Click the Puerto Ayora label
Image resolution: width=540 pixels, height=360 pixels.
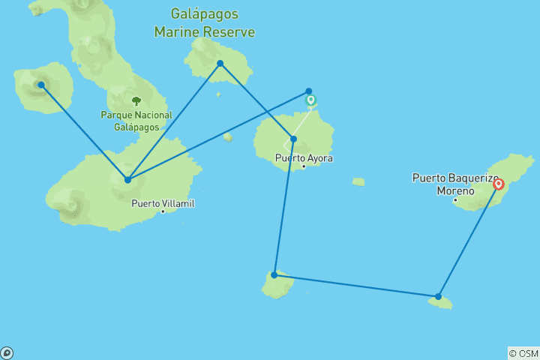[304, 158]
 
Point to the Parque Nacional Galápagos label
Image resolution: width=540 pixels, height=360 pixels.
[137, 120]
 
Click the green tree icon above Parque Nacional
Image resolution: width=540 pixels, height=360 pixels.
[136, 100]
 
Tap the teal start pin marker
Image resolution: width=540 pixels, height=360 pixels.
[310, 100]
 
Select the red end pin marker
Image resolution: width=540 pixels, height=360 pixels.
[498, 184]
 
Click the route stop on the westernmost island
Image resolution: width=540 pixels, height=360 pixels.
[41, 85]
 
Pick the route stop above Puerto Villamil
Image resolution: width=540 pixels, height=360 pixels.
[128, 180]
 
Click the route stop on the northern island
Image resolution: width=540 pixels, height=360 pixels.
[220, 63]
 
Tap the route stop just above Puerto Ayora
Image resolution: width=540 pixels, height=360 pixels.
[293, 139]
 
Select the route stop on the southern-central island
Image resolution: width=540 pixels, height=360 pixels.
[274, 275]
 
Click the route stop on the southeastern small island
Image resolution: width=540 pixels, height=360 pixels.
[438, 296]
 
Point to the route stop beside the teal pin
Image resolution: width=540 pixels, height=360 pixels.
[308, 91]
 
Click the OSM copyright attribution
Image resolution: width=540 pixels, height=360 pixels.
[523, 353]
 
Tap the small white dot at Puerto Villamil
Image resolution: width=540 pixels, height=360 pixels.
[163, 211]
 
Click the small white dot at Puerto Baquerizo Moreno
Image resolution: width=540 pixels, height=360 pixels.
[454, 199]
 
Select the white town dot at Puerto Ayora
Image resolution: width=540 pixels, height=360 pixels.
[304, 166]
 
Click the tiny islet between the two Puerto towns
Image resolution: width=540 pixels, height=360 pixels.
[358, 181]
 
